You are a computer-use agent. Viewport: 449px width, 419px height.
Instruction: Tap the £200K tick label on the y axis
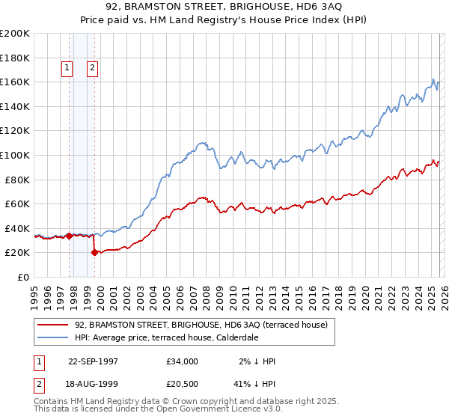[15, 34]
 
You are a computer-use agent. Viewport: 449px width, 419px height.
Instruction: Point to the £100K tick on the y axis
[15, 156]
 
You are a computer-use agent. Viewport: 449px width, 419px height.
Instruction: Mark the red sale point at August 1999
[94, 252]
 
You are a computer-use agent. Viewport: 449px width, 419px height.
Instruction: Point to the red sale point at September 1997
[70, 236]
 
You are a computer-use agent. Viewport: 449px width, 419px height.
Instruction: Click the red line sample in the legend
[54, 325]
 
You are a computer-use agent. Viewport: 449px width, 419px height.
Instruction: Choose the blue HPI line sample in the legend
[54, 338]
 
